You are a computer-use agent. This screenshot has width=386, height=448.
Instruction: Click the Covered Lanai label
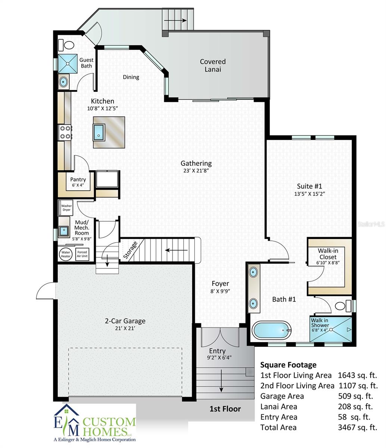click(x=212, y=65)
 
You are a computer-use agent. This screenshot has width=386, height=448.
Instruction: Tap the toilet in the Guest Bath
click(x=69, y=45)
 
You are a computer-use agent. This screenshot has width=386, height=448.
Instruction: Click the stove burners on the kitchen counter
click(x=65, y=133)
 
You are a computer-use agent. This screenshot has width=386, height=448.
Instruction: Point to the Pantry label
click(x=78, y=180)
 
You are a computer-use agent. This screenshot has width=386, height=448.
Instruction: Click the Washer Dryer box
click(x=66, y=208)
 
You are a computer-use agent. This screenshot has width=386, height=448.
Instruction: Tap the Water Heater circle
click(x=66, y=254)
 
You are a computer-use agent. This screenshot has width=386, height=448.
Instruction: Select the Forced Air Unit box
click(x=82, y=254)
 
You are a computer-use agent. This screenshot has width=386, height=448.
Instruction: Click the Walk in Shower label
click(x=320, y=323)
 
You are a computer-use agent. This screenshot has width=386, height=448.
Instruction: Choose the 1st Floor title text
click(x=225, y=409)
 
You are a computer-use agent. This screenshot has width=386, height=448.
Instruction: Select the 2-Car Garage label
click(x=125, y=321)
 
